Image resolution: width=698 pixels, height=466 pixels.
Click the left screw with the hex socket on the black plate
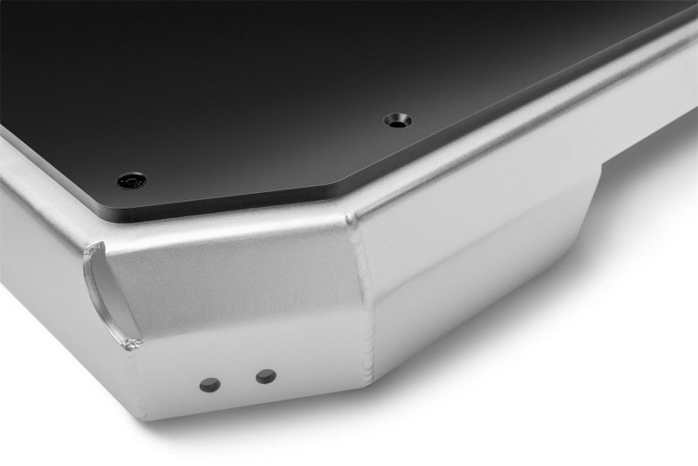coord(132,181)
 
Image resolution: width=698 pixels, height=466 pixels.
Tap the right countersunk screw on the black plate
coord(398,120)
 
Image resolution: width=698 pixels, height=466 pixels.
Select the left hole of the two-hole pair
coord(210,384)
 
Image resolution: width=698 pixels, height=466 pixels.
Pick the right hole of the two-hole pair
coord(265,376)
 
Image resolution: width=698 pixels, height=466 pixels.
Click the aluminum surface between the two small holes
coord(237,380)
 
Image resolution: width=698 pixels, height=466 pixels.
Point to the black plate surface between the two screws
coord(262,148)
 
